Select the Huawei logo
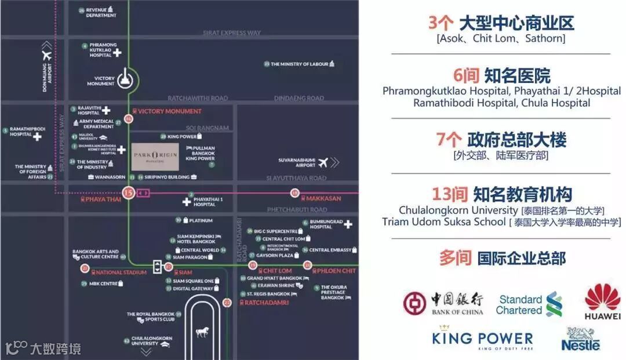(x=602, y=302)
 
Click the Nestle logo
(x=580, y=339)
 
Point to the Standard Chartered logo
(x=529, y=304)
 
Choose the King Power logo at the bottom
(x=482, y=340)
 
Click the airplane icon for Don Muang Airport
(x=46, y=56)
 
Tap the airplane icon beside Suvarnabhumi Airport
(x=323, y=162)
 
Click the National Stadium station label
(x=113, y=272)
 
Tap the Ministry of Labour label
(x=299, y=64)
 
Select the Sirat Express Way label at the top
(x=231, y=33)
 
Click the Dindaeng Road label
(x=299, y=99)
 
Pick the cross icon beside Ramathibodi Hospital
(x=38, y=137)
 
